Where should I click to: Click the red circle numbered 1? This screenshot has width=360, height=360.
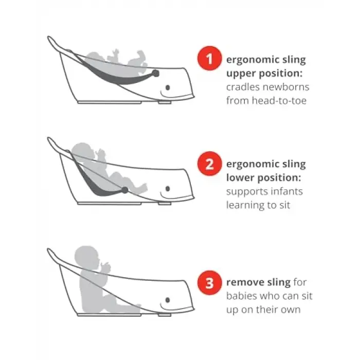(209, 59)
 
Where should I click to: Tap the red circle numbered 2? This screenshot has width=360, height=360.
(209, 164)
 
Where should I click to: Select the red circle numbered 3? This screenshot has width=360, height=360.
(209, 283)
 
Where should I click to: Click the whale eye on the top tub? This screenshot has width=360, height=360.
(168, 87)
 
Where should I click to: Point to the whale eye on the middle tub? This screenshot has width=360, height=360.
(168, 189)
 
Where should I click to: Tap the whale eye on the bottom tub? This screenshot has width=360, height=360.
(168, 300)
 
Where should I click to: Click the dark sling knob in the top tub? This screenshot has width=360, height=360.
(155, 73)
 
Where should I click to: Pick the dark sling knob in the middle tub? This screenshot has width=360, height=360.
(124, 190)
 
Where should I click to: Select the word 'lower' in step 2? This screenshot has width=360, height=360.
(240, 177)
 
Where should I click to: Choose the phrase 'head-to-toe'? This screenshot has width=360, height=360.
(279, 101)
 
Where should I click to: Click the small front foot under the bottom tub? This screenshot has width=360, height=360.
(165, 315)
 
